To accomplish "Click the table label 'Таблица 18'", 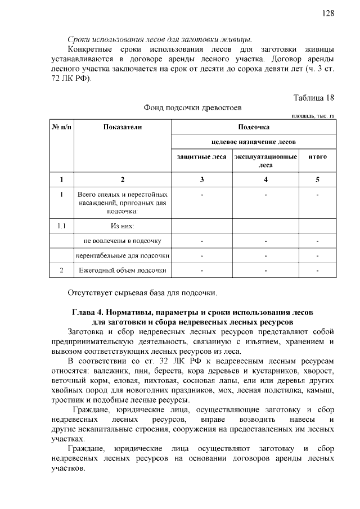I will point(314,97).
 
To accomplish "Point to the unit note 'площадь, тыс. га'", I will point(313,116).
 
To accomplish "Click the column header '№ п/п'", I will point(62,127).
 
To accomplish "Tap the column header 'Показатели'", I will point(123,127).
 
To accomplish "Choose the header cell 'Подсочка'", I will point(254,127).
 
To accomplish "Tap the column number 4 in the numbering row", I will point(265,180).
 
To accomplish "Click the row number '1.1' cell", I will point(62,226).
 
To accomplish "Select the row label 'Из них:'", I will point(123,226).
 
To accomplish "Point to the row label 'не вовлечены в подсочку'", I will point(123,241).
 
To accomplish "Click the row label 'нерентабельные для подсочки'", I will point(123,256).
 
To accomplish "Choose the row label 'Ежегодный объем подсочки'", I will point(123,271).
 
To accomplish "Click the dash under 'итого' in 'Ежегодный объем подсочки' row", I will point(318,271).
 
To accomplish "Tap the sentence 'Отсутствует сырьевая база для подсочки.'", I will point(142,292).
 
